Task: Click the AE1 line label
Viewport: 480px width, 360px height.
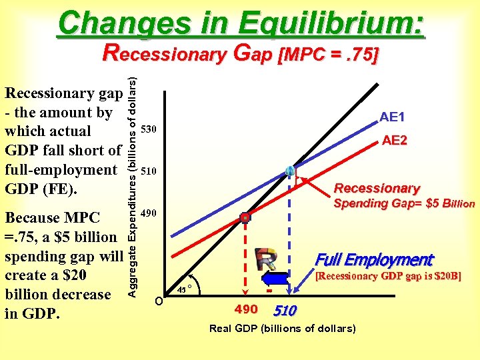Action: pos(392,117)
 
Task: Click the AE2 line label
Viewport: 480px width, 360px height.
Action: pos(395,141)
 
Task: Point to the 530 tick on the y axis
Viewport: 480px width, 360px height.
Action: pos(149,128)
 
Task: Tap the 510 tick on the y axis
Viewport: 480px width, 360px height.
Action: pos(149,171)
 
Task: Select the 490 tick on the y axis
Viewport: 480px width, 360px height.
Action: pos(149,213)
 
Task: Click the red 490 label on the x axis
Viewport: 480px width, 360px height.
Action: pos(246,309)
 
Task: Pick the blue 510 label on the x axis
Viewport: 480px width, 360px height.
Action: pos(285,311)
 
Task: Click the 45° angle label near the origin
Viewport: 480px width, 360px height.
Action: pos(186,289)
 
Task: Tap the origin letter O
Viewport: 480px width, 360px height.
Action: pos(158,299)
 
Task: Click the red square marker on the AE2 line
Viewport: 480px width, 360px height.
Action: pos(245,217)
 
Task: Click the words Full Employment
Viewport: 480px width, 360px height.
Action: pos(373,260)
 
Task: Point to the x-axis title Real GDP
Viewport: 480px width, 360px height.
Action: pos(282,329)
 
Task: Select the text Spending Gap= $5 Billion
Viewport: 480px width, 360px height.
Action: pos(404,203)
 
